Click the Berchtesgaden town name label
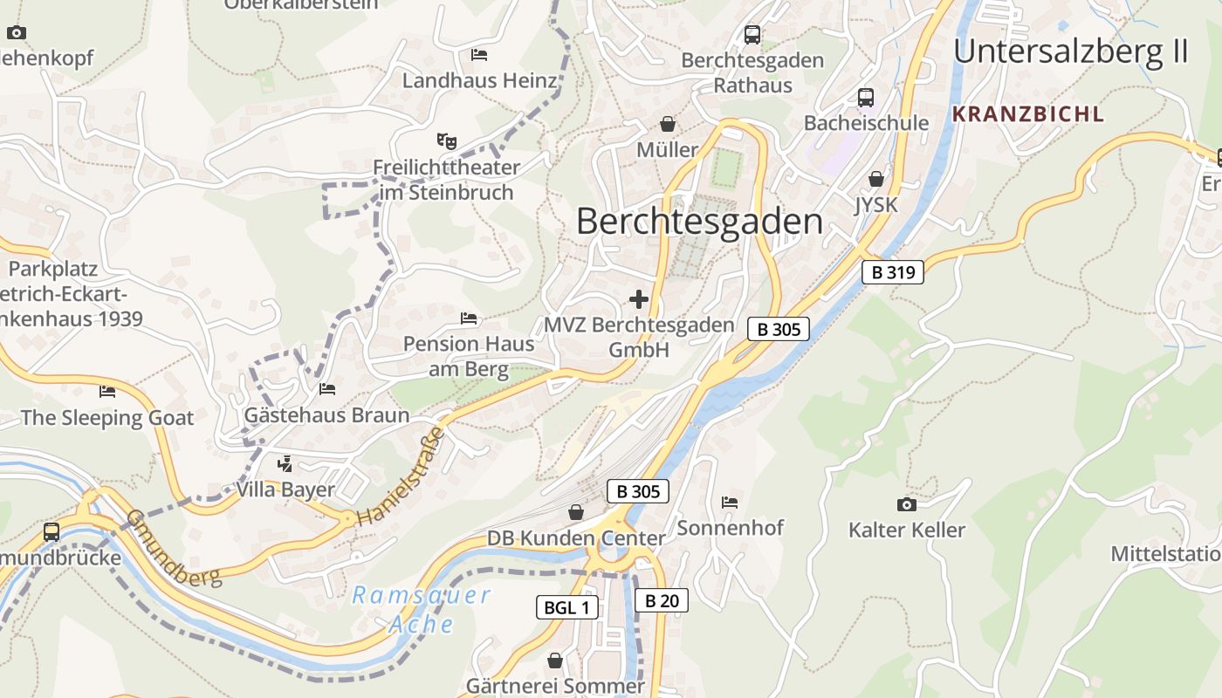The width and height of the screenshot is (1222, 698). (699, 222)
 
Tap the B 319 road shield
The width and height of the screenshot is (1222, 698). (893, 272)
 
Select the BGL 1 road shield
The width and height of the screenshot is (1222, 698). (566, 607)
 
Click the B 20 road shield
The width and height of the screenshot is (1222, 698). (661, 600)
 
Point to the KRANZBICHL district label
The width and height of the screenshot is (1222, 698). (1027, 113)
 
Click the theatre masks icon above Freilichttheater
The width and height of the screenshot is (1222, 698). (446, 140)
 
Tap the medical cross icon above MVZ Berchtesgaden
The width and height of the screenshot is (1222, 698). (639, 299)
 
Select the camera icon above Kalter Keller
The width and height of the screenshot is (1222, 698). (907, 504)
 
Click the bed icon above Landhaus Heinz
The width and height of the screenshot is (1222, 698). (479, 54)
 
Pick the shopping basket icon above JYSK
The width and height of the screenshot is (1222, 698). (875, 179)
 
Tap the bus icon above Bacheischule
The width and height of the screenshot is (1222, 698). (865, 97)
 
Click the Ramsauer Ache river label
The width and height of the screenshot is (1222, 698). (422, 609)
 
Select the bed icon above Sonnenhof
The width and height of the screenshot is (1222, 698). (730, 502)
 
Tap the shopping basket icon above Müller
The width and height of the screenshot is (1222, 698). (668, 124)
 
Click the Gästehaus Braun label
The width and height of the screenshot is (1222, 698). (327, 415)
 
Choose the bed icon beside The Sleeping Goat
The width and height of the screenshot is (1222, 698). (107, 391)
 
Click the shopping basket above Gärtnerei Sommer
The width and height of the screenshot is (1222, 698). (554, 660)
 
